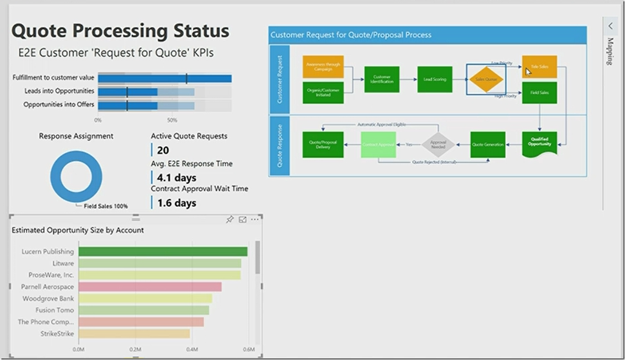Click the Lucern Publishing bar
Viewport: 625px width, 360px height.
[163, 252]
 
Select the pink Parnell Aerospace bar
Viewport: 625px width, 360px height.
[150, 287]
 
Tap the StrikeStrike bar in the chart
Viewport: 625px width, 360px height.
[134, 333]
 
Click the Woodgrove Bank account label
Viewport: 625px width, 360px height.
[48, 298]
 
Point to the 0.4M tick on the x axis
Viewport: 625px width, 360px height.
[192, 349]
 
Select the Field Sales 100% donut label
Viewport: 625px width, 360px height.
[106, 206]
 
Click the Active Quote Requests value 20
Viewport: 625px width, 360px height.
[163, 150]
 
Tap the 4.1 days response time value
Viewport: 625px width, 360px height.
[177, 178]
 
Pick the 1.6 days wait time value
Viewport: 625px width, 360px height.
[177, 203]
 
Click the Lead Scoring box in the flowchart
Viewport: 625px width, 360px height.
[435, 80]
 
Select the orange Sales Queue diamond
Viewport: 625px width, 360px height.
[486, 80]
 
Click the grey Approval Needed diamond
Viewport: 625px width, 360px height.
[438, 144]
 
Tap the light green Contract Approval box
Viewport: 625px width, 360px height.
[378, 144]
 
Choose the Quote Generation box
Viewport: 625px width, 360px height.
[488, 144]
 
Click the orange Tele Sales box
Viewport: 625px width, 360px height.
[539, 66]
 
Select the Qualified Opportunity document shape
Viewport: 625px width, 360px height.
[539, 144]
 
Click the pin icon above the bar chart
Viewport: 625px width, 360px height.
[230, 219]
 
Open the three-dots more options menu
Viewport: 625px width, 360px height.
[255, 219]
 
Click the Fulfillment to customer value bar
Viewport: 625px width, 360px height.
[165, 78]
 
